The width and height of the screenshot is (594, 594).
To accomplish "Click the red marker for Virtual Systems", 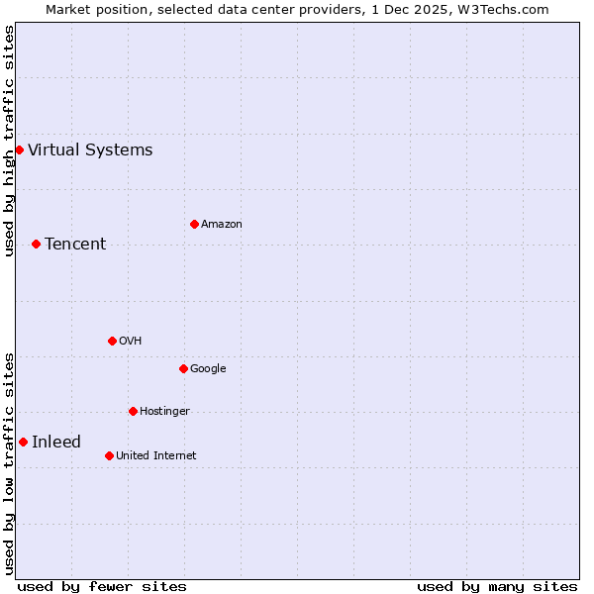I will [19, 149].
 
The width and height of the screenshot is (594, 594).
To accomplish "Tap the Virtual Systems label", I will [90, 150].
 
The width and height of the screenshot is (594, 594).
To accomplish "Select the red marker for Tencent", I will [36, 244].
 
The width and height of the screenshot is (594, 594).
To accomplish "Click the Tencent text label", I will [75, 245].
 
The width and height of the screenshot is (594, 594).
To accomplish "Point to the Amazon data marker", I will [194, 224].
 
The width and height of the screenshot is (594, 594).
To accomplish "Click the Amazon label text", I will [222, 225].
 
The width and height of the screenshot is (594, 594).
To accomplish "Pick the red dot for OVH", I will [112, 341].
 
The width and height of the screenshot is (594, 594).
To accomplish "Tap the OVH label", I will [130, 342].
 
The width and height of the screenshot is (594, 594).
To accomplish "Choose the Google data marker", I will [183, 368].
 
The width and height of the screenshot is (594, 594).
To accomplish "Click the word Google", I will [208, 369].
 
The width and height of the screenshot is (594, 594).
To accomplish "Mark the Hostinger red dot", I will [133, 411].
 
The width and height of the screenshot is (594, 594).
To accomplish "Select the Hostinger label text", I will [164, 412].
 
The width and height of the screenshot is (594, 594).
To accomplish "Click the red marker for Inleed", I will [23, 442].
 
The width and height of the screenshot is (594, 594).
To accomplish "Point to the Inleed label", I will [56, 443].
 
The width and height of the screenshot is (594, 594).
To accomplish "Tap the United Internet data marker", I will [109, 455].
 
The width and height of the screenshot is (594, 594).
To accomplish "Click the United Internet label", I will [156, 456].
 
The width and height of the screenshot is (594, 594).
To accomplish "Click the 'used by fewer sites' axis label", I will [102, 586].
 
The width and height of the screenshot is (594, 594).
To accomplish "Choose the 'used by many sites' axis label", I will [497, 586].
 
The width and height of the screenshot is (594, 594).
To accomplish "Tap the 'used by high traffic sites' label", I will [9, 141].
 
